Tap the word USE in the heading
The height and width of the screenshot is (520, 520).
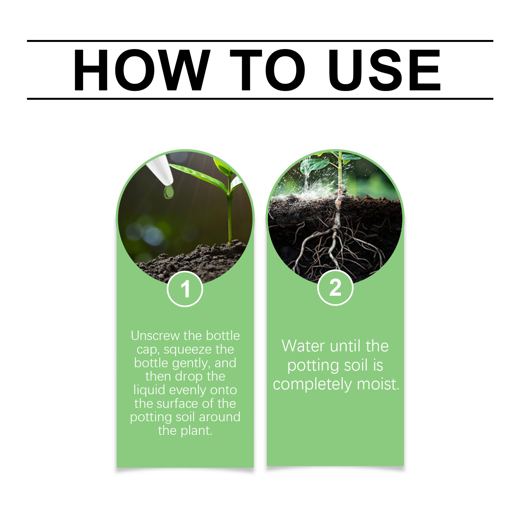pos(384,70)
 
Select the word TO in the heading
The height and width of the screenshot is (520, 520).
pos(267,70)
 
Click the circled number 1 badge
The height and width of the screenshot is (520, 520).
pos(185,289)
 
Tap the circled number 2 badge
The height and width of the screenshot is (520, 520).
pos(335,288)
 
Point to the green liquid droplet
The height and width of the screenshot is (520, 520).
pos(168,192)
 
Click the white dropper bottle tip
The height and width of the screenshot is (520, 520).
pos(160,170)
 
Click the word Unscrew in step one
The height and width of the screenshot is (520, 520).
pos(156,335)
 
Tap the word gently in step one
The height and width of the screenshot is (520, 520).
pos(190,363)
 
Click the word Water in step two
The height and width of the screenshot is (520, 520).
pos(303,346)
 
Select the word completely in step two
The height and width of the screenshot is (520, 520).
pos(312,384)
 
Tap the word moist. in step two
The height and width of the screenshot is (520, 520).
pos(378,384)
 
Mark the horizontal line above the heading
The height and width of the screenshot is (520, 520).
pos(260,41)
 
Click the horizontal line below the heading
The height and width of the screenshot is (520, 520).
pos(260,98)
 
